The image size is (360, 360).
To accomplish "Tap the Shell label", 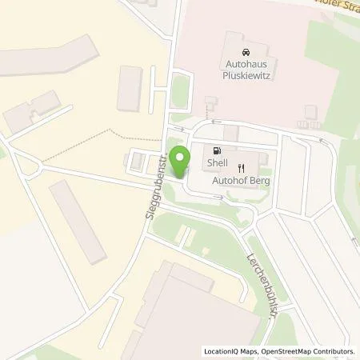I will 218,165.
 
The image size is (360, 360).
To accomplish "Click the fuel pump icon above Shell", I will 218,150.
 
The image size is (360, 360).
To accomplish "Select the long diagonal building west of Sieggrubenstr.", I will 78,221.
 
